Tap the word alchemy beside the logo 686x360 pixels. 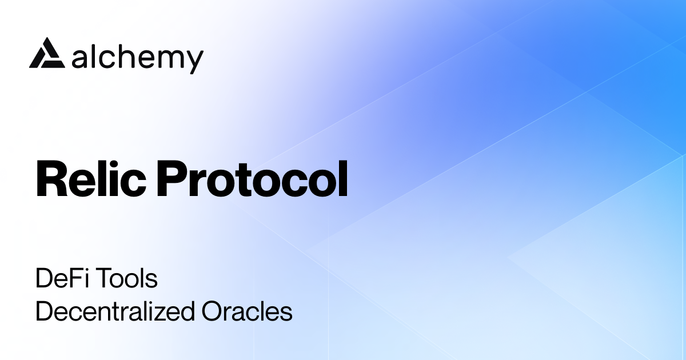[x=138, y=58]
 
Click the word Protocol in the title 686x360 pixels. [x=252, y=178]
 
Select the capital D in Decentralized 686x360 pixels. [x=43, y=312]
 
